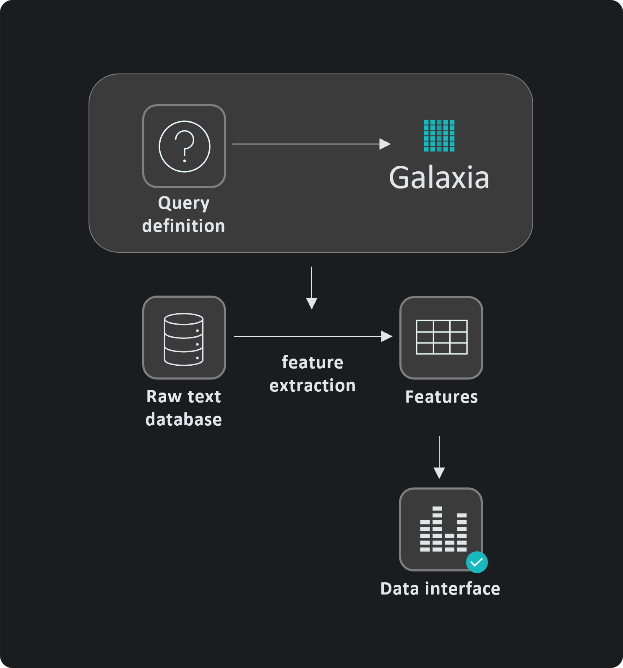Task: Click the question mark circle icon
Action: click(x=184, y=146)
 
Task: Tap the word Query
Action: click(x=184, y=203)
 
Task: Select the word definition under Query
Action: click(x=184, y=226)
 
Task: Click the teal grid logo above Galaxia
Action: click(x=439, y=136)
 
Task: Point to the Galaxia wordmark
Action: click(x=439, y=178)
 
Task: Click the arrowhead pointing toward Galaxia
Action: click(x=385, y=144)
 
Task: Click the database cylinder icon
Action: click(x=184, y=339)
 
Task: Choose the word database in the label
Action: click(x=184, y=419)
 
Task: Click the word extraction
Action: click(x=313, y=385)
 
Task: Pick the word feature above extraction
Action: click(x=313, y=362)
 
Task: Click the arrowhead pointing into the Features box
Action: click(x=386, y=336)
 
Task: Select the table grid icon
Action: click(x=441, y=337)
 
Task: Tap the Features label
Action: click(x=441, y=397)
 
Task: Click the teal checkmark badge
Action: click(x=477, y=562)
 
